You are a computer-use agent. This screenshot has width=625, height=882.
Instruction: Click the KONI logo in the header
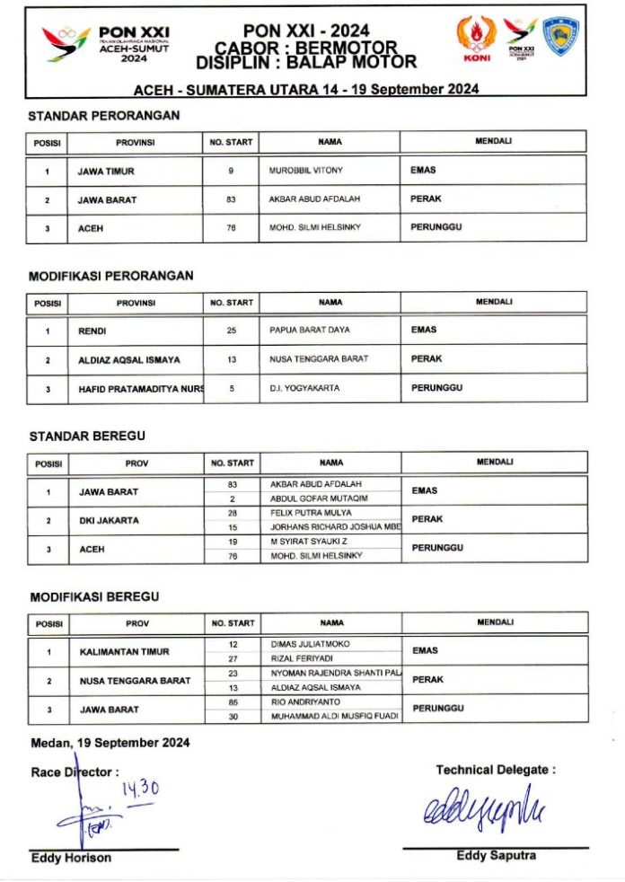(x=476, y=40)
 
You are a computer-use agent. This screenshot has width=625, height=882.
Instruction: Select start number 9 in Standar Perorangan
(x=232, y=170)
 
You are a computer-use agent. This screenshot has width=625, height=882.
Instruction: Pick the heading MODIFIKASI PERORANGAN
(x=111, y=276)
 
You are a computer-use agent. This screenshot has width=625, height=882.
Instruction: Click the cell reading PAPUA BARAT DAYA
(x=310, y=330)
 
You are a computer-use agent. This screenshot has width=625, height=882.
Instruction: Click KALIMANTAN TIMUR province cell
(x=124, y=651)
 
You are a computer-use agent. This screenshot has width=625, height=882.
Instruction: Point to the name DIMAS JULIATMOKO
(x=310, y=644)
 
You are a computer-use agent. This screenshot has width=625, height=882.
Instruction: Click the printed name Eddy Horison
(x=71, y=859)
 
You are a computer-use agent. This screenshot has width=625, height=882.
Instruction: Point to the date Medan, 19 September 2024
(x=110, y=743)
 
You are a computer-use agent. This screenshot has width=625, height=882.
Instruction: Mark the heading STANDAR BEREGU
(x=87, y=437)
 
